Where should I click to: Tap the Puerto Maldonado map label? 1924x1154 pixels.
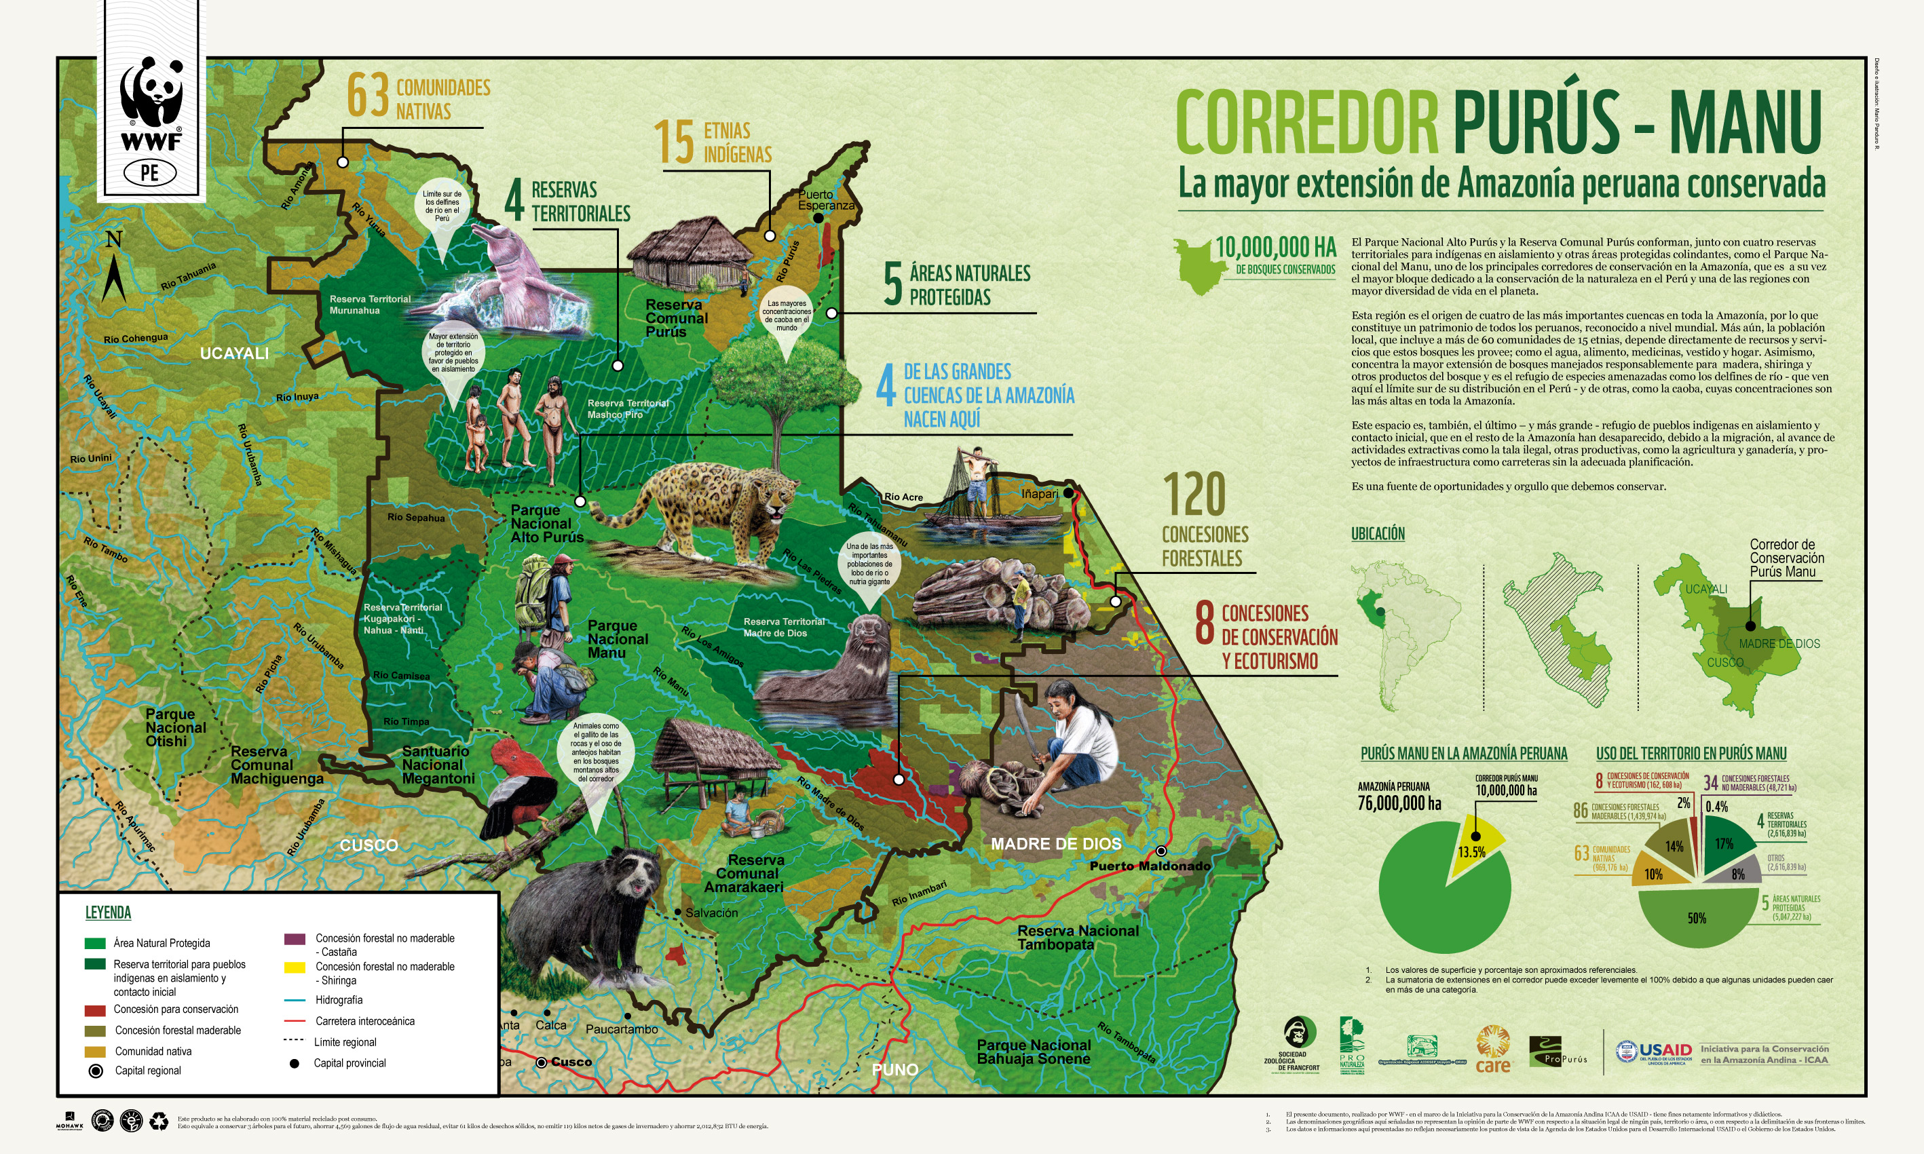1150,866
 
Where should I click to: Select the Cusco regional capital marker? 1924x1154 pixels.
542,1062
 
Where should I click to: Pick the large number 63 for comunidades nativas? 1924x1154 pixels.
368,96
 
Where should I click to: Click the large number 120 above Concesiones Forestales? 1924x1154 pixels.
1194,495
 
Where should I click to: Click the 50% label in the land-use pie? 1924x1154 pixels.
1697,919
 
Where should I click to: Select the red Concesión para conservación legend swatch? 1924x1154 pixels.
95,1010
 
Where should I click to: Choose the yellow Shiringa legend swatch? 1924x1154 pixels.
294,967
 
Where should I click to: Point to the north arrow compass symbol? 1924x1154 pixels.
113,268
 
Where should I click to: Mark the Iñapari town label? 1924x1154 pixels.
1040,494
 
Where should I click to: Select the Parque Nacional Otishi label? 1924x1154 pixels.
176,728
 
